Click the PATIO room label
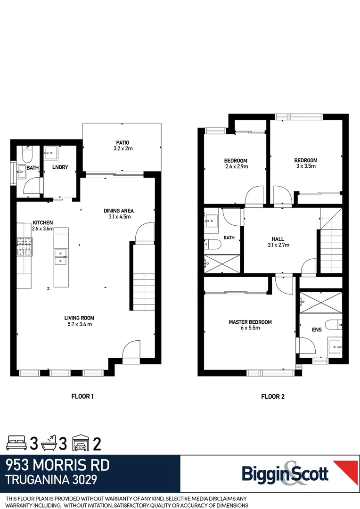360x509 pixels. point(122,142)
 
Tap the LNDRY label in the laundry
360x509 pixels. point(60,167)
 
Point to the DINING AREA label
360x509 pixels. point(119,210)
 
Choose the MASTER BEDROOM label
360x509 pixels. point(250,322)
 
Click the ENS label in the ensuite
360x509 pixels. point(317,330)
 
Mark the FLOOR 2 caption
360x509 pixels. point(273,396)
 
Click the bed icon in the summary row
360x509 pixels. point(17,443)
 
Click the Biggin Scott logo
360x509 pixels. point(285,473)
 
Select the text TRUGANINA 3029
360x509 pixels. point(51,480)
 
